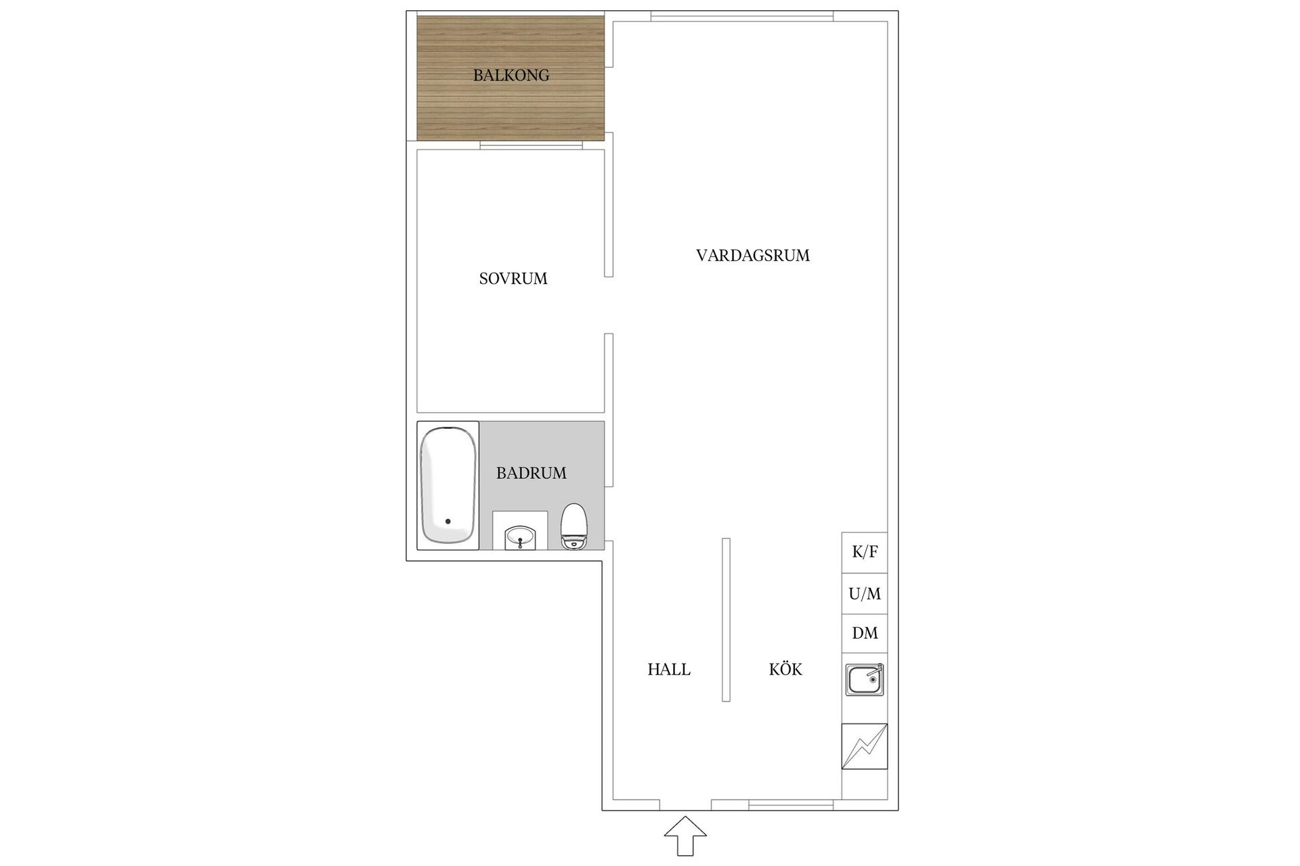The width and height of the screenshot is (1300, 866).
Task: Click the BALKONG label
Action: [x=511, y=75]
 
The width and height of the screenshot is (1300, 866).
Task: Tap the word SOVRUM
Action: [x=513, y=278]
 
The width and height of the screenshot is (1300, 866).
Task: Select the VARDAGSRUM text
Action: [x=753, y=255]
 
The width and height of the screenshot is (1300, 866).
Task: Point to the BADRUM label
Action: [x=532, y=473]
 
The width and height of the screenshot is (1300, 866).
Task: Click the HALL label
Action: [x=669, y=669]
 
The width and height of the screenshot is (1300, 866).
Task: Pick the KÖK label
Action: [x=785, y=669]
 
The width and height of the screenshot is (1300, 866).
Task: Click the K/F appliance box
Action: [x=865, y=552]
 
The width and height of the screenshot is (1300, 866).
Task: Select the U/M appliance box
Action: [x=865, y=593]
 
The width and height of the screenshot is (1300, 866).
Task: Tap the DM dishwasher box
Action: [x=865, y=633]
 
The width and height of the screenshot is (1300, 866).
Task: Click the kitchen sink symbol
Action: [x=865, y=680]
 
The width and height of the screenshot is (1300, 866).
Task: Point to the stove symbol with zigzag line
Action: [x=865, y=746]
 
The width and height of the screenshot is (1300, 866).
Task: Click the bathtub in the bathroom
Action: [x=448, y=485]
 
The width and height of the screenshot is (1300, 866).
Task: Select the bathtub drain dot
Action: [x=448, y=522]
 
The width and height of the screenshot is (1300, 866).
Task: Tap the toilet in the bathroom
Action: [x=574, y=526]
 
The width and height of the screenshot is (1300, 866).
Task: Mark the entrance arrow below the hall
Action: [x=685, y=836]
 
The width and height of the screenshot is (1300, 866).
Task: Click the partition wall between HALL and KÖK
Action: [x=726, y=620]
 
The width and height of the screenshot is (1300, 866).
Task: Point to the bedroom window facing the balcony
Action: [x=532, y=145]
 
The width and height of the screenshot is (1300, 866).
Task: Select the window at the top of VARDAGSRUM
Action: [x=742, y=16]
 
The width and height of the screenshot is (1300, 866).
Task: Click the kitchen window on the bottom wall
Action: [x=791, y=805]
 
